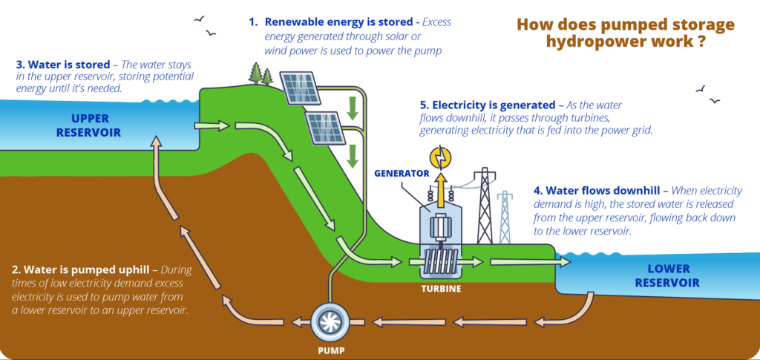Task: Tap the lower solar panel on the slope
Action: click(x=326, y=127)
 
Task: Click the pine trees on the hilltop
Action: click(x=261, y=73)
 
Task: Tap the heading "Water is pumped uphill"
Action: click(x=85, y=269)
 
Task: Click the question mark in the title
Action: click(x=701, y=42)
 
